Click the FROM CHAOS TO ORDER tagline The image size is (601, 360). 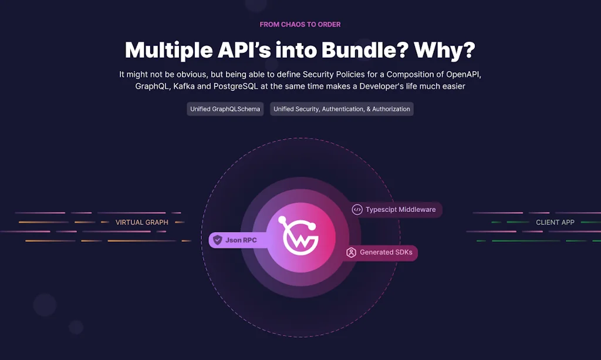(300, 25)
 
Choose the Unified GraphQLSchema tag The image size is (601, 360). (225, 109)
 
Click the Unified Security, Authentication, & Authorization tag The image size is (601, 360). (342, 109)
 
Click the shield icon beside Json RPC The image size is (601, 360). (218, 240)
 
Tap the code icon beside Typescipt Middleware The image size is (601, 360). (357, 210)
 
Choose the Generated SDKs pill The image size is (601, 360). (385, 253)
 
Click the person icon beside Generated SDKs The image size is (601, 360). (352, 253)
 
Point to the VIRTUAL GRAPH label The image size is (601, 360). (142, 223)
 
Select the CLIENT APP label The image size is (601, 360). (555, 223)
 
